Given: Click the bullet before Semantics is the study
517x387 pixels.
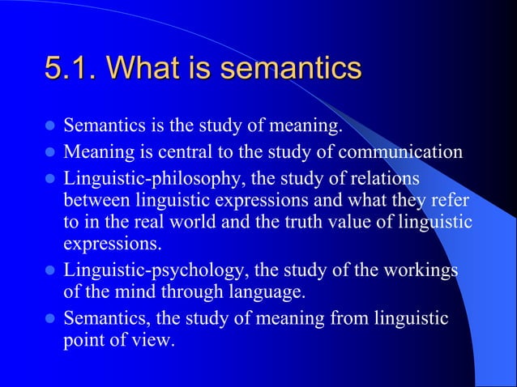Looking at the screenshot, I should click(49, 127).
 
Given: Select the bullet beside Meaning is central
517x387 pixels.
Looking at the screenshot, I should click(49, 151).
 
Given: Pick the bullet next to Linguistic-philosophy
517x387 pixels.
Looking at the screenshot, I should click(49, 176).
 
